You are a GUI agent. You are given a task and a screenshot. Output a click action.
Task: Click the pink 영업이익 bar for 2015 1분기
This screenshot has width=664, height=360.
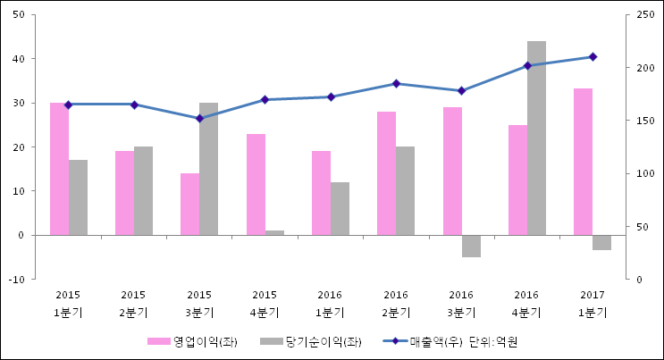pos(59,169)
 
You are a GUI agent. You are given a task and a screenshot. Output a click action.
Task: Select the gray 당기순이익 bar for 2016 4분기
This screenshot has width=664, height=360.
pos(536,138)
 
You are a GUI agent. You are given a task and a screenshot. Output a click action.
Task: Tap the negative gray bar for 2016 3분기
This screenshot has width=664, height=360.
pos(471,246)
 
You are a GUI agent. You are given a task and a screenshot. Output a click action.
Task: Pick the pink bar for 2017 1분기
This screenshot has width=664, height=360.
pos(583,162)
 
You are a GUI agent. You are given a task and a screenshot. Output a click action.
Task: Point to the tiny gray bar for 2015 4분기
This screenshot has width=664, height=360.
pos(274,232)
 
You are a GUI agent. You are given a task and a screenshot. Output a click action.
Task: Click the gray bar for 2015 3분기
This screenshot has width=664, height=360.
pos(208,169)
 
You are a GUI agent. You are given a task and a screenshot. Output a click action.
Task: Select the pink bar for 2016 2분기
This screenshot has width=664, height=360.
pos(386,173)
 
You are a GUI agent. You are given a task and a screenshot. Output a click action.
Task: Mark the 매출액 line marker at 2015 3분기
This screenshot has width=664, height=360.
pos(199,118)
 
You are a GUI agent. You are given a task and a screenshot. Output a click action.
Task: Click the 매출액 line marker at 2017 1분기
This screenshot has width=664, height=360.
pos(593,57)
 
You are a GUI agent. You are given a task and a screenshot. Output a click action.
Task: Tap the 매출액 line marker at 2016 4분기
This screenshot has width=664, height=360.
pos(527,65)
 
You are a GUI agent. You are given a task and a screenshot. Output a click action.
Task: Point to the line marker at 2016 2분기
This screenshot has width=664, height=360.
pos(396,84)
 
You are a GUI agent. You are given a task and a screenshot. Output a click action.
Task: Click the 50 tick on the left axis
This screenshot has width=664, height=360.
pos(19,15)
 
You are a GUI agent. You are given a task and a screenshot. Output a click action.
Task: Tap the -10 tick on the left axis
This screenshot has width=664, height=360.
pos(17,279)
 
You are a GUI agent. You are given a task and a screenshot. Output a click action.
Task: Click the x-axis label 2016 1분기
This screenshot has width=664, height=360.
pos(330,304)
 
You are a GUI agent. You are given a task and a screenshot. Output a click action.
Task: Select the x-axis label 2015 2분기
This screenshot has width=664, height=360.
pos(133,304)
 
